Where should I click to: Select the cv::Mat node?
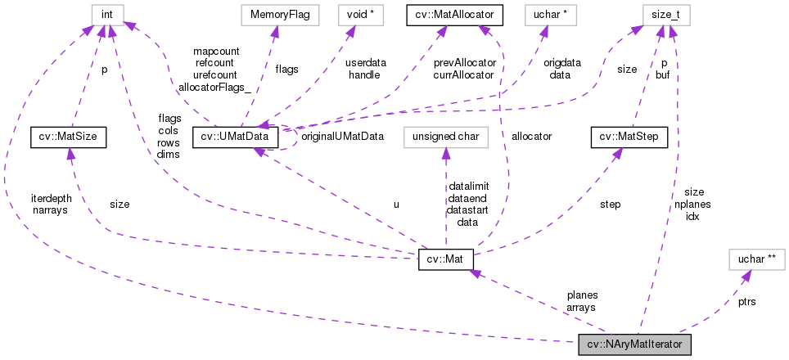pyautogui.click(x=445, y=259)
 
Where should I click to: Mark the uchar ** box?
pyautogui.click(x=756, y=259)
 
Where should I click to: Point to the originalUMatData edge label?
pyautogui.click(x=343, y=136)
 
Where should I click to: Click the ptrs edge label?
pyautogui.click(x=746, y=301)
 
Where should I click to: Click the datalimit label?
pyautogui.click(x=468, y=187)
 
